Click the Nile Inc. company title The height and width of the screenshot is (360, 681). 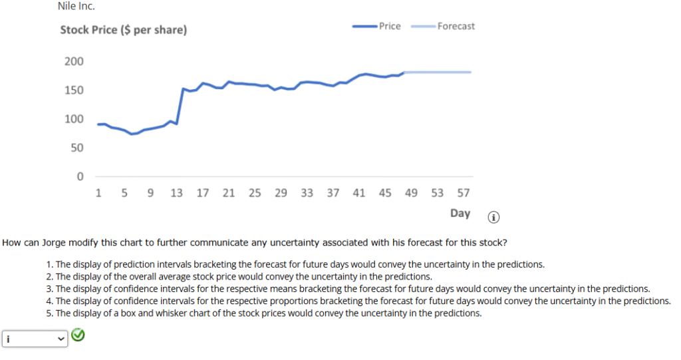[x=76, y=7]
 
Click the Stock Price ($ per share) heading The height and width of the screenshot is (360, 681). [x=123, y=31]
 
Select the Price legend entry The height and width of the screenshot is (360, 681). [x=389, y=27]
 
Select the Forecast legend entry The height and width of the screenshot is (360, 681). [x=456, y=27]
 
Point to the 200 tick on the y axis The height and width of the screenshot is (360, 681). [x=74, y=62]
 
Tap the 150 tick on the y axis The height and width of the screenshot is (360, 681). [x=74, y=90]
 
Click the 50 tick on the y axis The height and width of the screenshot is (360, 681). [x=76, y=148]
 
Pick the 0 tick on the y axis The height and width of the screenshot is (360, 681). [x=80, y=177]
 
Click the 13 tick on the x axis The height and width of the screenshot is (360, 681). [x=176, y=194]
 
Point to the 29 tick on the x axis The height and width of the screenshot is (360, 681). [x=281, y=194]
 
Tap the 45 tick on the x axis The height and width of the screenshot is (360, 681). [x=385, y=194]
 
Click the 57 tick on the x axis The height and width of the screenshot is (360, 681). [x=463, y=194]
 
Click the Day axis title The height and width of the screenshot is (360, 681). [x=460, y=214]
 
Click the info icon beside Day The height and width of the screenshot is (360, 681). [x=493, y=217]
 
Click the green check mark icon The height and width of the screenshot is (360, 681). [x=78, y=336]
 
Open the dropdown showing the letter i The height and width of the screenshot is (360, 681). [x=35, y=339]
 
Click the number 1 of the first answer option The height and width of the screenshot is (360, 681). [x=49, y=265]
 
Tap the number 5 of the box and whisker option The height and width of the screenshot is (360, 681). [x=49, y=313]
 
